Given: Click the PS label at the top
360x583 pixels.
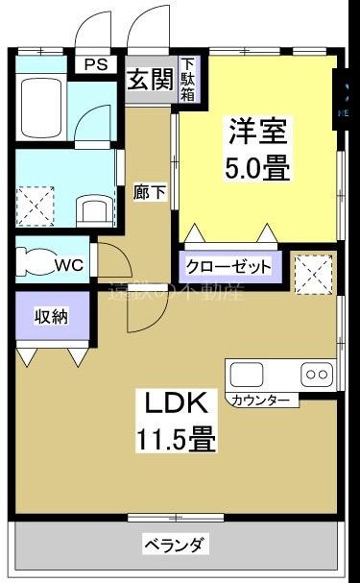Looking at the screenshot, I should [96, 65].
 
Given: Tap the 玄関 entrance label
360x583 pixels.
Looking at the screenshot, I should [151, 81].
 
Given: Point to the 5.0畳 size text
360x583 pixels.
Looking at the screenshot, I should [257, 170].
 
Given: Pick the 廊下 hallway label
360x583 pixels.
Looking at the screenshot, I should [149, 191].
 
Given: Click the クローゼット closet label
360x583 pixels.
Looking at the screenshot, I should [228, 267].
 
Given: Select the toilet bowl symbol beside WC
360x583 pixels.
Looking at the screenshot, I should [35, 263].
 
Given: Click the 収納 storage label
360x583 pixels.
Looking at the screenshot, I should [52, 316].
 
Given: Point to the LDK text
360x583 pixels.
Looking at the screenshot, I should [174, 401].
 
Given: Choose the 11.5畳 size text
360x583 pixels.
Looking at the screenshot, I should [174, 440].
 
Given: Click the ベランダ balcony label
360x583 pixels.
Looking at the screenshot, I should [174, 546].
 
